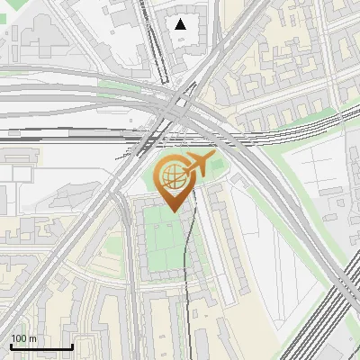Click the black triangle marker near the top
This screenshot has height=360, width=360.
pos(181,24)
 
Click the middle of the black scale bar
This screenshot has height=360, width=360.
pos(41,347)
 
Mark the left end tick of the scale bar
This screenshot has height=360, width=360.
pos(11,346)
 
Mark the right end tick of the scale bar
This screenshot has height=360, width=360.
pos(72,346)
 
